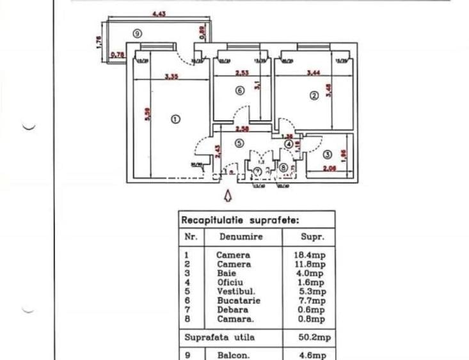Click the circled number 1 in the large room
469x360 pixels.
point(176,118)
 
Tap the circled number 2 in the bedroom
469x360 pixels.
point(314,96)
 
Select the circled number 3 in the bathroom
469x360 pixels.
point(327,154)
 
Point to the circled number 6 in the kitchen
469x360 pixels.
point(240,91)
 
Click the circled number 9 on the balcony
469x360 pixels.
point(137,34)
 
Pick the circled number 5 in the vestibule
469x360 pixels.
point(239,144)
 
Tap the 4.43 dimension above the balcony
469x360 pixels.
point(159,13)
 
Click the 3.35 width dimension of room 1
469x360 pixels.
point(170,77)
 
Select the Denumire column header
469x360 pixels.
point(242,236)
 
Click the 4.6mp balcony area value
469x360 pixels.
point(312,353)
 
